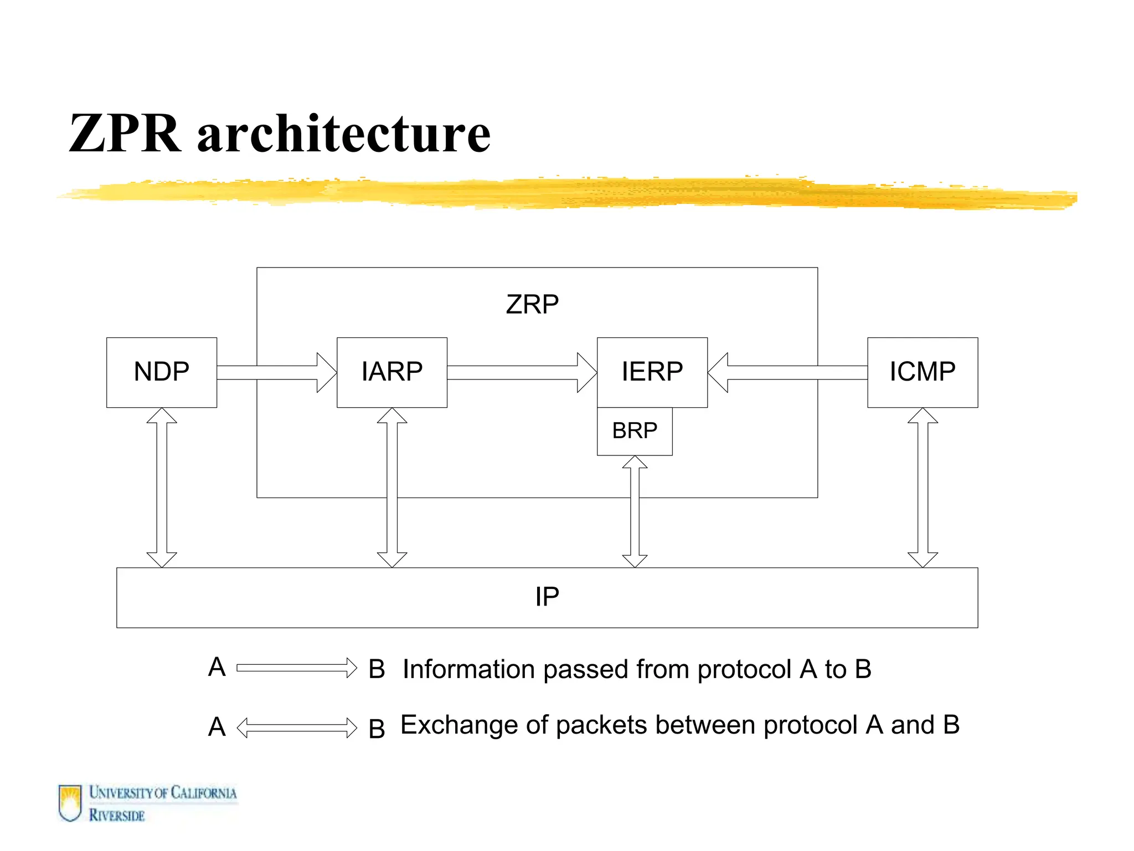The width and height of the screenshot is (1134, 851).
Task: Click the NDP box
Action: [x=161, y=372]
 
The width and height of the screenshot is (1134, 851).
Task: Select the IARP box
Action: [x=391, y=372]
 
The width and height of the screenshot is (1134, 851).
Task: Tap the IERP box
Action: [x=652, y=372]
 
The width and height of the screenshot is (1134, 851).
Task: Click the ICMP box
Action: [x=922, y=372]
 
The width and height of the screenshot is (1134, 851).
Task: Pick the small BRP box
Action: [x=635, y=431]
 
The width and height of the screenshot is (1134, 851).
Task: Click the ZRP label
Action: [x=532, y=304]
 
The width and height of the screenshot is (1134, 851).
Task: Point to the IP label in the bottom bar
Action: [x=547, y=597]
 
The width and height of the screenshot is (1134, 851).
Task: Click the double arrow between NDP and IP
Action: [x=162, y=488]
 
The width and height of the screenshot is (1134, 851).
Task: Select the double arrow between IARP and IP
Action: [x=392, y=488]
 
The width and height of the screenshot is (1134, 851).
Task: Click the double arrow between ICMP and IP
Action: [x=922, y=488]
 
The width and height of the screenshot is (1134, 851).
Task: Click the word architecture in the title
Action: [x=343, y=134]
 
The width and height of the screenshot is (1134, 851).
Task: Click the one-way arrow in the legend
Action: [x=297, y=668]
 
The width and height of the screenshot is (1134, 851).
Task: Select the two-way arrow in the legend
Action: [x=297, y=727]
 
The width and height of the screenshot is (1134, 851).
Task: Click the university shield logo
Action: [x=70, y=803]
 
